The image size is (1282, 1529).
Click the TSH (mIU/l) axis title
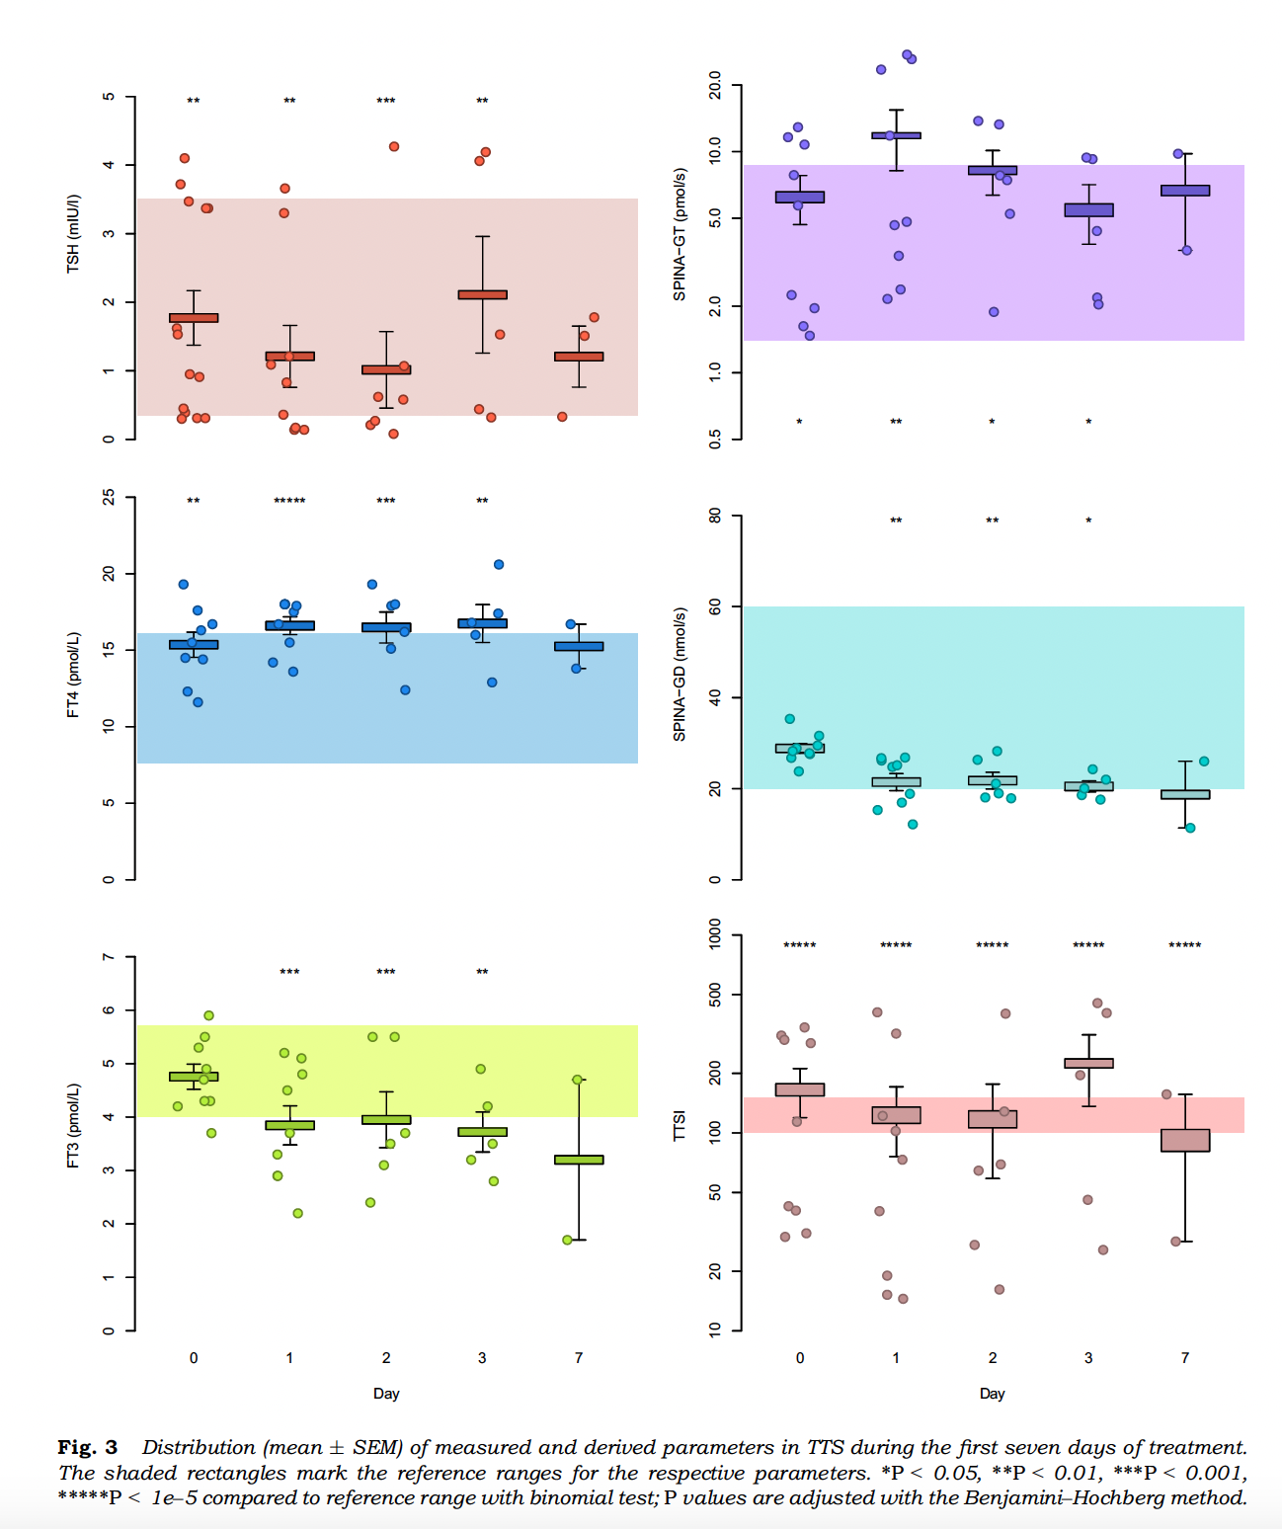(73, 233)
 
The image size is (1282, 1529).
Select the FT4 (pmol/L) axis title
(73, 675)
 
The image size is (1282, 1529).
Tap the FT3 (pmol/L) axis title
(73, 1126)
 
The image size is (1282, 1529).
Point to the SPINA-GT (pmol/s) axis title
(680, 234)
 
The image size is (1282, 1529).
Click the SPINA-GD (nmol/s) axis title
(680, 675)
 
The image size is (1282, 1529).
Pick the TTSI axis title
(680, 1126)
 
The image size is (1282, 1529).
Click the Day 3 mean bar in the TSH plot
(482, 294)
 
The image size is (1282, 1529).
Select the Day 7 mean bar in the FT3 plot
(579, 1160)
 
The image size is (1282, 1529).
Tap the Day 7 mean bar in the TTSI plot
(1185, 1140)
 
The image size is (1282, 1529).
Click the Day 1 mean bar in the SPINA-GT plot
(896, 135)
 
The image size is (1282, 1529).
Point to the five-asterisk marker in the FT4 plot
(289, 502)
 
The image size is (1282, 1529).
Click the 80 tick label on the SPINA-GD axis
(715, 516)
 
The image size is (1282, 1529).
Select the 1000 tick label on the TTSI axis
(715, 933)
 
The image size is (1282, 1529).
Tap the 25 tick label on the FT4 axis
(109, 498)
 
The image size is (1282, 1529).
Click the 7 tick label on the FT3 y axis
(109, 957)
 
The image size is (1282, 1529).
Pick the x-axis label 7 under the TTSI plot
(1185, 1358)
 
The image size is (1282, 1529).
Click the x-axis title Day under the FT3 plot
(386, 1394)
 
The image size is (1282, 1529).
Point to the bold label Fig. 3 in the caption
(88, 1447)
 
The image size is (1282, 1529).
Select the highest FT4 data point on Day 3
(499, 565)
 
